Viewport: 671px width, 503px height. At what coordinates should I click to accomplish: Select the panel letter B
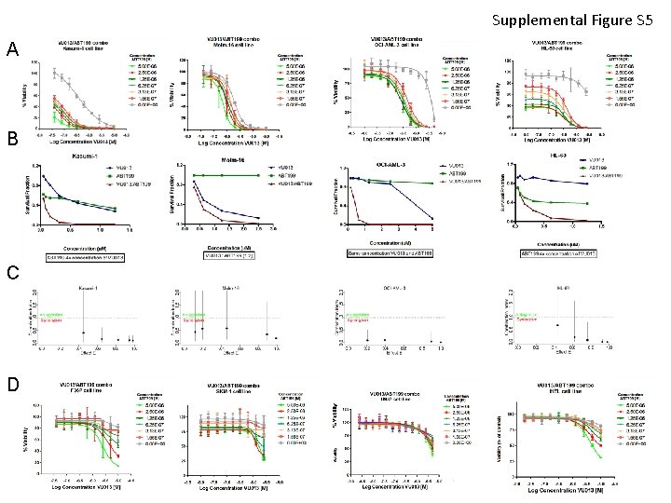12,141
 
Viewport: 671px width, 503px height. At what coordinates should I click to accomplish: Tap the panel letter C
12,273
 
